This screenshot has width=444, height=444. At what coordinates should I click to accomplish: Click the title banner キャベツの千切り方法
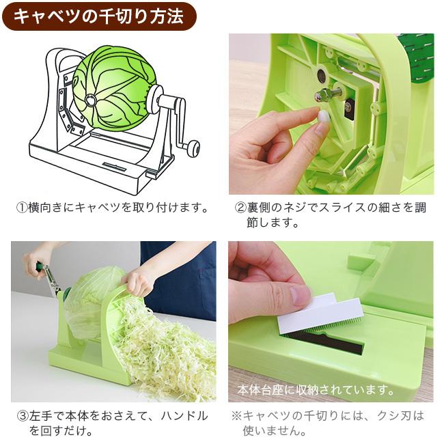coord(98,16)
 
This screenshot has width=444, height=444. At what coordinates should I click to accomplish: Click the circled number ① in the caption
coord(22,207)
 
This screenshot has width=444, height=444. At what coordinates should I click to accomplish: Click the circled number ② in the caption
coord(240,207)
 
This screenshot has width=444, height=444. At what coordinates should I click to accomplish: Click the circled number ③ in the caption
coord(22,415)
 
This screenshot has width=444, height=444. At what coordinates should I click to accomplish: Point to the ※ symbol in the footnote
coord(236,415)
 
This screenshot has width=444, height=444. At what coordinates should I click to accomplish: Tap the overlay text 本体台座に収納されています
coord(316,391)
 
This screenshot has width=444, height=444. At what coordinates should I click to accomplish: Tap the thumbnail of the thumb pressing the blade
coord(300,295)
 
